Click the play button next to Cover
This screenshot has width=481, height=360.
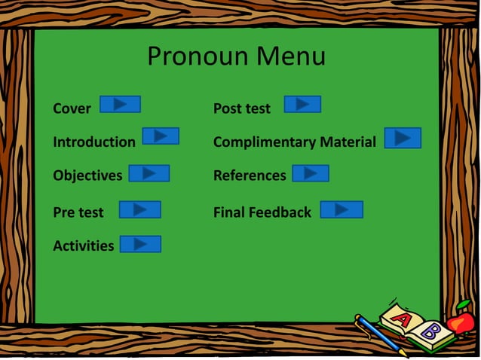(120, 105)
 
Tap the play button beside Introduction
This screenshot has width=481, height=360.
(161, 136)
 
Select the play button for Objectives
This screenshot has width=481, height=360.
(149, 174)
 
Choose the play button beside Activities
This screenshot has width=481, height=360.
(140, 244)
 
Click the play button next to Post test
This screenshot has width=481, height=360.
(302, 104)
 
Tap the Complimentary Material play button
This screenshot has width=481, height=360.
(403, 138)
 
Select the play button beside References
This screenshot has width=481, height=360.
(311, 174)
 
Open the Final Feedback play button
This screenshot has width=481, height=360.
(342, 209)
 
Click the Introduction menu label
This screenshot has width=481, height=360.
(94, 142)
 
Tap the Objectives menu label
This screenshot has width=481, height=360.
(87, 175)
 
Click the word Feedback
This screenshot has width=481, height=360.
(281, 212)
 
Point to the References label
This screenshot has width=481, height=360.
(250, 175)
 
